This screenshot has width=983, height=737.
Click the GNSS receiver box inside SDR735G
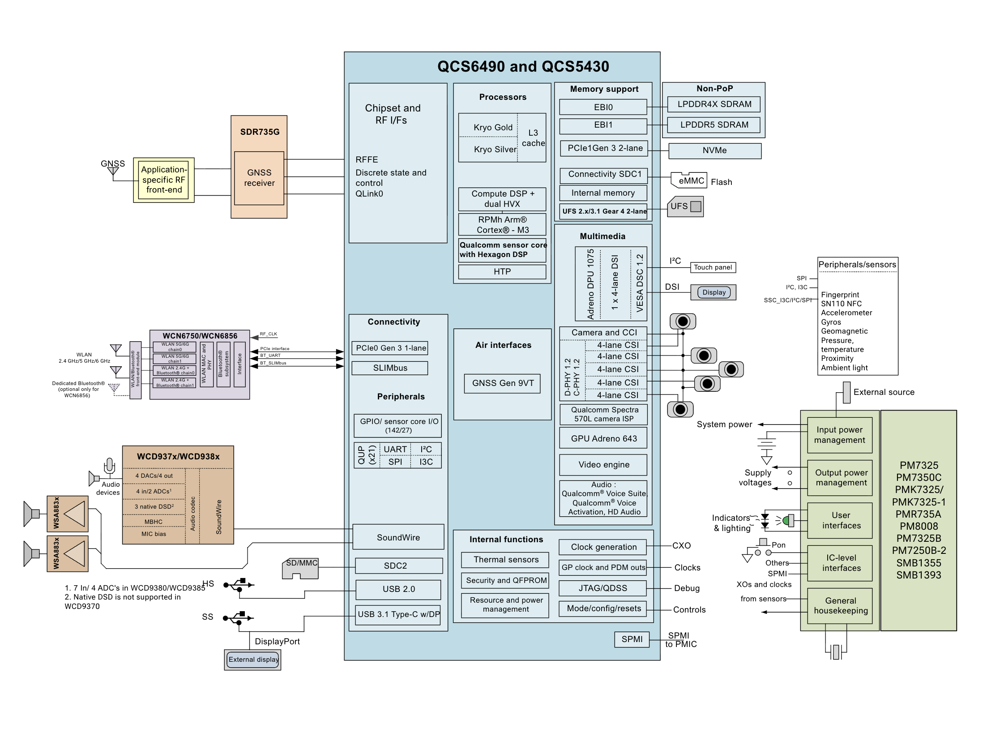[x=259, y=178]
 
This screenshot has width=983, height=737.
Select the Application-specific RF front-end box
[x=163, y=180]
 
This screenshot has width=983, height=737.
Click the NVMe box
[x=714, y=151]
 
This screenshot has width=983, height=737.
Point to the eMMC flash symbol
[x=689, y=180]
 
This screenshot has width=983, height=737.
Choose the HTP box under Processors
[x=502, y=272]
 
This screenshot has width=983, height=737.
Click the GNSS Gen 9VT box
[x=502, y=383]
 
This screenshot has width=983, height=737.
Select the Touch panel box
[x=713, y=267]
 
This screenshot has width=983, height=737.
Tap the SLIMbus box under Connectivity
[x=390, y=368]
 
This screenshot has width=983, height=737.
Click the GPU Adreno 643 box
[x=603, y=438]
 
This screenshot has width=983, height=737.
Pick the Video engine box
[x=603, y=465]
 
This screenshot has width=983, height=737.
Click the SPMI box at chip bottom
[x=632, y=639]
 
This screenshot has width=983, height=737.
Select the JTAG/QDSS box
[x=603, y=588]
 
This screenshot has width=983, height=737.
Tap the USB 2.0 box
[x=398, y=589]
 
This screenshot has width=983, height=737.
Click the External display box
[x=252, y=660]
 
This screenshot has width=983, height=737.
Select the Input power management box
[x=839, y=435]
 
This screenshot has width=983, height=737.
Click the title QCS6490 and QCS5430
[x=523, y=67]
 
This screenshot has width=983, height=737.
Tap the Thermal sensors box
[x=506, y=560]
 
